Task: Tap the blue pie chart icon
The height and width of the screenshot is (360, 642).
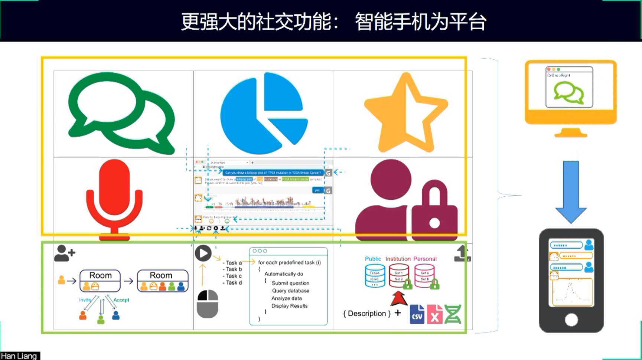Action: (264, 113)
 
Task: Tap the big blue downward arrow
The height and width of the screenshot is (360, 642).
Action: (571, 192)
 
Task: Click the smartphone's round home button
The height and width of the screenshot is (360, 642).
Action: (571, 320)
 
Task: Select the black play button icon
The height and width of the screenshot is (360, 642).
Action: (203, 253)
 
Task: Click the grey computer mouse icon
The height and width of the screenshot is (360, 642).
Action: (208, 304)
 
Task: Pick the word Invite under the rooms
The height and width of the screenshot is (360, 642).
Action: (85, 300)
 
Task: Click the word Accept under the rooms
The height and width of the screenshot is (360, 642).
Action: (121, 300)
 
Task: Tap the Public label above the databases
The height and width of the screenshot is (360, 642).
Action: (373, 259)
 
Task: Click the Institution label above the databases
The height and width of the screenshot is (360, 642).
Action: (398, 259)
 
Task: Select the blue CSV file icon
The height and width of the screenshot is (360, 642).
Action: (417, 314)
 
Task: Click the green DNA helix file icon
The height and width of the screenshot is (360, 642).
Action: (453, 314)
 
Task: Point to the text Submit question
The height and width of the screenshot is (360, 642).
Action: (290, 283)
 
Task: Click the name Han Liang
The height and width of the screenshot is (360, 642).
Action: (19, 356)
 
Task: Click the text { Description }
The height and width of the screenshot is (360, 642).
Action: (367, 314)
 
